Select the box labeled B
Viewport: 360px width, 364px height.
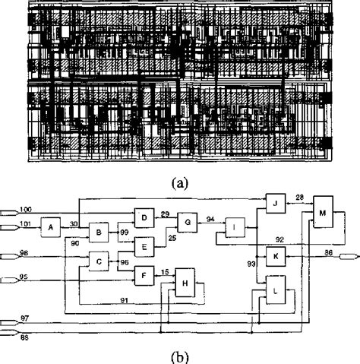99,232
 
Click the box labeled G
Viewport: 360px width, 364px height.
186,223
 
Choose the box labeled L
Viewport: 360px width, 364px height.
275,290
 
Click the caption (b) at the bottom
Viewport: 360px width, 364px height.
180,355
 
